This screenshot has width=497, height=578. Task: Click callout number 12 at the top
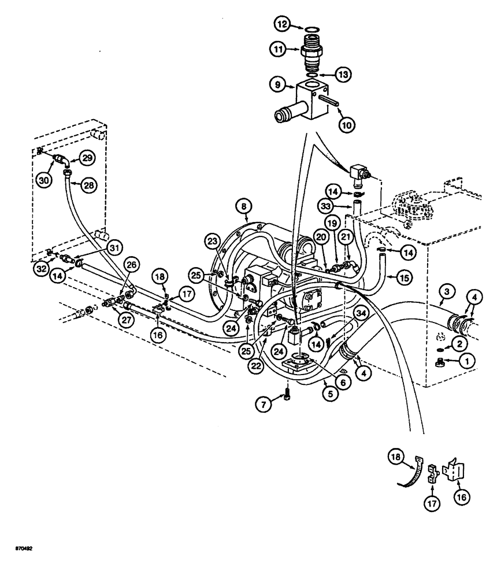pos(281,25)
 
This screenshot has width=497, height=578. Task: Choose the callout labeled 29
pos(87,158)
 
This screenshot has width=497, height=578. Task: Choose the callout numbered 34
pos(361,313)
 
